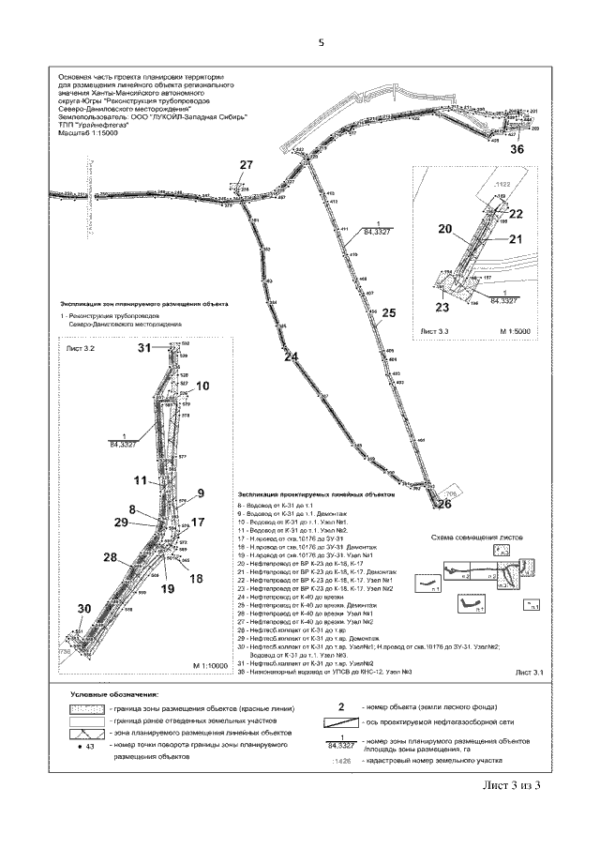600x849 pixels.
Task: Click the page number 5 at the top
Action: (x=320, y=42)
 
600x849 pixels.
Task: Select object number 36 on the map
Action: (x=517, y=149)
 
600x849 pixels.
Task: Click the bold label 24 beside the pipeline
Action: (x=292, y=357)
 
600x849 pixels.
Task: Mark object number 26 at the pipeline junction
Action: (x=443, y=504)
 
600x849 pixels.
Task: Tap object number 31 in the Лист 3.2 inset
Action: (x=145, y=348)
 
